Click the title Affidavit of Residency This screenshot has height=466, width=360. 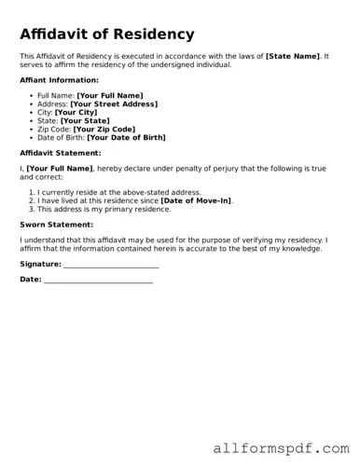[x=107, y=34]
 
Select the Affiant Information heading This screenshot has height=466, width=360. [x=59, y=80]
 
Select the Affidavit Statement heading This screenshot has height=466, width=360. [x=61, y=152]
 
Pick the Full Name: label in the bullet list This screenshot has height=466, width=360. [x=56, y=95]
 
